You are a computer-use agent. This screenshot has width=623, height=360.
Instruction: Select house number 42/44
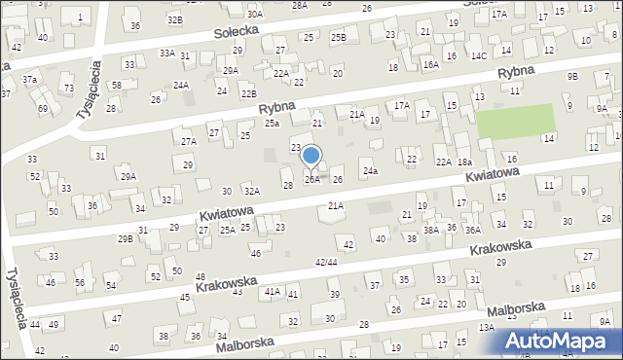(x=326, y=263)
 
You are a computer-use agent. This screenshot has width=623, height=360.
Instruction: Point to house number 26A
(x=311, y=179)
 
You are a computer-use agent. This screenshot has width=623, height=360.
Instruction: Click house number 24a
(x=370, y=171)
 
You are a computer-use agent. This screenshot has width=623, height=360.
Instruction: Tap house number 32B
(x=174, y=19)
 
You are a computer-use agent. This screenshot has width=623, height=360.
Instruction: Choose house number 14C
(x=479, y=55)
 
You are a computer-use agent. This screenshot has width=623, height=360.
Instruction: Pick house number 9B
(x=572, y=76)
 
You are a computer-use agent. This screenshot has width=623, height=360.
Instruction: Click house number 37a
(x=30, y=80)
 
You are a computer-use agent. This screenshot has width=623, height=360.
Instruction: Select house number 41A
(x=272, y=291)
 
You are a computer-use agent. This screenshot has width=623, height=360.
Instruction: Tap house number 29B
(x=125, y=238)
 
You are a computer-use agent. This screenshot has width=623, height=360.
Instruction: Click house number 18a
(x=464, y=162)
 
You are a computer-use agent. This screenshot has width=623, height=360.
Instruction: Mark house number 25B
(x=338, y=38)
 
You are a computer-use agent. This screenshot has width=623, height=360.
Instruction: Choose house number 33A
(x=167, y=54)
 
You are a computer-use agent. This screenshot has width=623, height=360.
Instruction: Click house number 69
(x=43, y=108)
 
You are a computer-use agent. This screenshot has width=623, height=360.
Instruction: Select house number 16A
(x=430, y=64)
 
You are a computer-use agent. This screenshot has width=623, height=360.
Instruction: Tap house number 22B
(x=249, y=93)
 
